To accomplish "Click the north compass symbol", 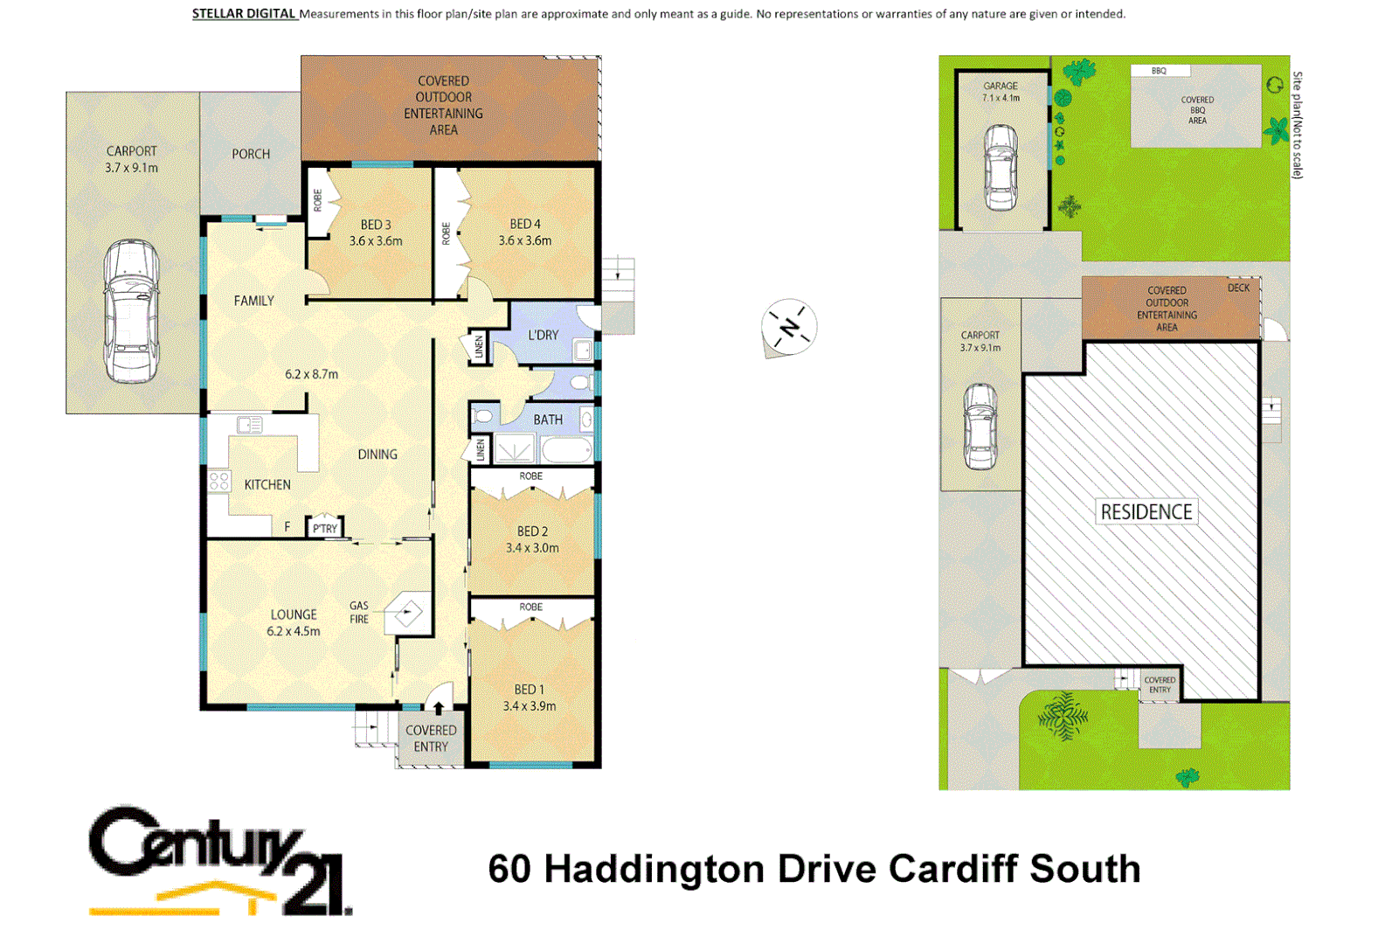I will pyautogui.click(x=788, y=328).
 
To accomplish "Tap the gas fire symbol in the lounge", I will pyautogui.click(x=408, y=613).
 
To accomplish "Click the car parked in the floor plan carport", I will pyautogui.click(x=131, y=312).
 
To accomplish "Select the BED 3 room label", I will pyautogui.click(x=376, y=225).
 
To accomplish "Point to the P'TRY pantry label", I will pyautogui.click(x=325, y=529).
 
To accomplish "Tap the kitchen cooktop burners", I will pyautogui.click(x=218, y=481).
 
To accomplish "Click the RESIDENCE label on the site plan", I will pyautogui.click(x=1146, y=512).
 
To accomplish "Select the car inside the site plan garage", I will pyautogui.click(x=1001, y=167).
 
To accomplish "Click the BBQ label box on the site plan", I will pyautogui.click(x=1159, y=71).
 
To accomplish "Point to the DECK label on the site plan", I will pyautogui.click(x=1238, y=288).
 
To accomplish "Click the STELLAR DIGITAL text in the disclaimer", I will pyautogui.click(x=244, y=14).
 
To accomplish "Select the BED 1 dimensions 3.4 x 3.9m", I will pyautogui.click(x=529, y=706).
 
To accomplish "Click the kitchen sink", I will pyautogui.click(x=250, y=426).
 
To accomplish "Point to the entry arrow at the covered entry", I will pyautogui.click(x=439, y=707).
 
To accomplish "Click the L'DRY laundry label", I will pyautogui.click(x=543, y=335).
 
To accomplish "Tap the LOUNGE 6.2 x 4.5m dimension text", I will pyautogui.click(x=294, y=631).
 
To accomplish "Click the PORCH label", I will pyautogui.click(x=251, y=154).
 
